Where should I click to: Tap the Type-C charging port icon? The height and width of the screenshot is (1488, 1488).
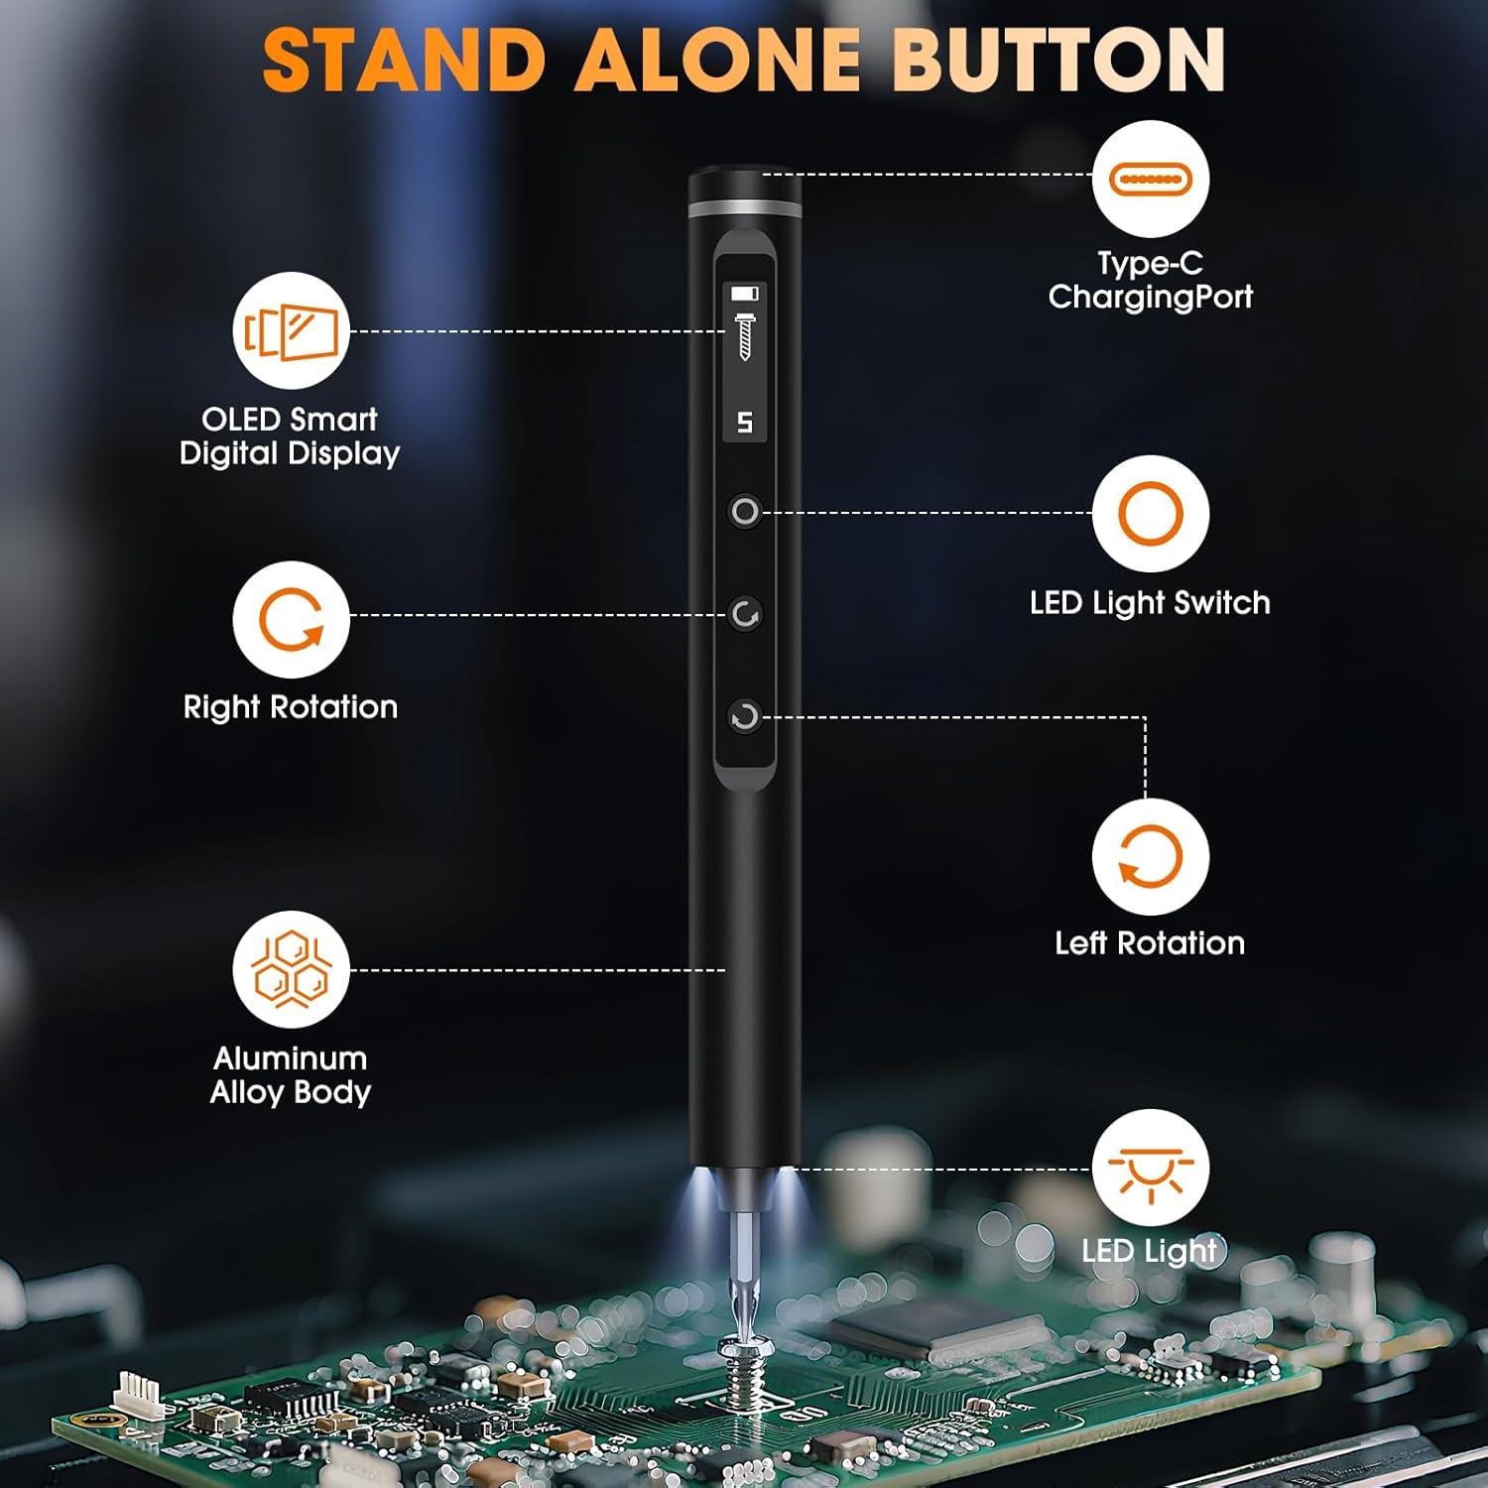tap(1150, 180)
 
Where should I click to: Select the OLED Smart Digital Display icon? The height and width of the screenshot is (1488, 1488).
tap(291, 331)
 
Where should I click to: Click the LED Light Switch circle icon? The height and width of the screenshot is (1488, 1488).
tap(1150, 514)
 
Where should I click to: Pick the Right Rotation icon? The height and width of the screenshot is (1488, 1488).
tap(291, 619)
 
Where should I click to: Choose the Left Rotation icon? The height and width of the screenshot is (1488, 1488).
tap(1150, 857)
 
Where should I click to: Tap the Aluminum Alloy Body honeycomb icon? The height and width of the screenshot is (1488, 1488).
tap(291, 969)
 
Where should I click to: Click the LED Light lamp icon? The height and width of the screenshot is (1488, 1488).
tap(1150, 1169)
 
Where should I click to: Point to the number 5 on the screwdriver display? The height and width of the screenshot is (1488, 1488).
tap(744, 423)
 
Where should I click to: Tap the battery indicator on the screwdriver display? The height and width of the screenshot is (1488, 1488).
tap(744, 293)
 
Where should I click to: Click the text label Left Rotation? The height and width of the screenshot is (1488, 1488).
tap(1150, 942)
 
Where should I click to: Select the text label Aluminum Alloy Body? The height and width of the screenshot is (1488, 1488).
tap(291, 1075)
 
